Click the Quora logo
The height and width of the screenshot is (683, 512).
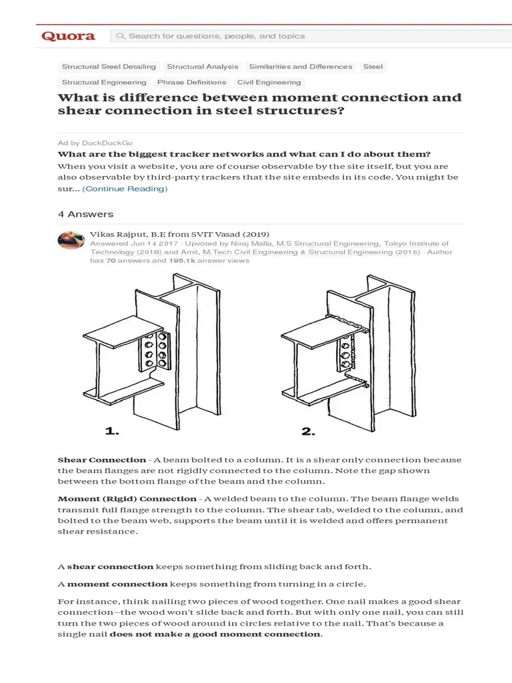(x=68, y=36)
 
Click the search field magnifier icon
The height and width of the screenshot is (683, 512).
(x=121, y=36)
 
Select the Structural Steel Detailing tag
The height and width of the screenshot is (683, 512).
(x=109, y=67)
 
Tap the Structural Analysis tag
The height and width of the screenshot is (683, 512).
(x=202, y=67)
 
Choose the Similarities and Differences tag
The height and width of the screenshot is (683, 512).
(x=300, y=67)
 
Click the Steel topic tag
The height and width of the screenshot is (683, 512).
(x=373, y=67)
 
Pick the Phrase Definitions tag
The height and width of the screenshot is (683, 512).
(x=191, y=83)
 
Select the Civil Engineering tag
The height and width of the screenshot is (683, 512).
(x=269, y=83)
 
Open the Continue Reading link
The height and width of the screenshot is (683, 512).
(x=125, y=189)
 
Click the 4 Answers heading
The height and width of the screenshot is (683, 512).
(x=85, y=214)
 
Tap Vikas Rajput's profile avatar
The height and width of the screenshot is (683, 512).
(x=71, y=239)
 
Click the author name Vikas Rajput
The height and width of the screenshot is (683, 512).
(x=118, y=235)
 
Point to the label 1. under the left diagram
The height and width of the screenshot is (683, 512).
(x=113, y=432)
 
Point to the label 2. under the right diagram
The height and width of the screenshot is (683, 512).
(x=308, y=432)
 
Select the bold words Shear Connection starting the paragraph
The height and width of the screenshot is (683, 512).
(x=101, y=460)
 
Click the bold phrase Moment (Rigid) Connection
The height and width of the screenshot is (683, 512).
(x=127, y=499)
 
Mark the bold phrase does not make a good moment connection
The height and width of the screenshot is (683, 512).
(x=215, y=634)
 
